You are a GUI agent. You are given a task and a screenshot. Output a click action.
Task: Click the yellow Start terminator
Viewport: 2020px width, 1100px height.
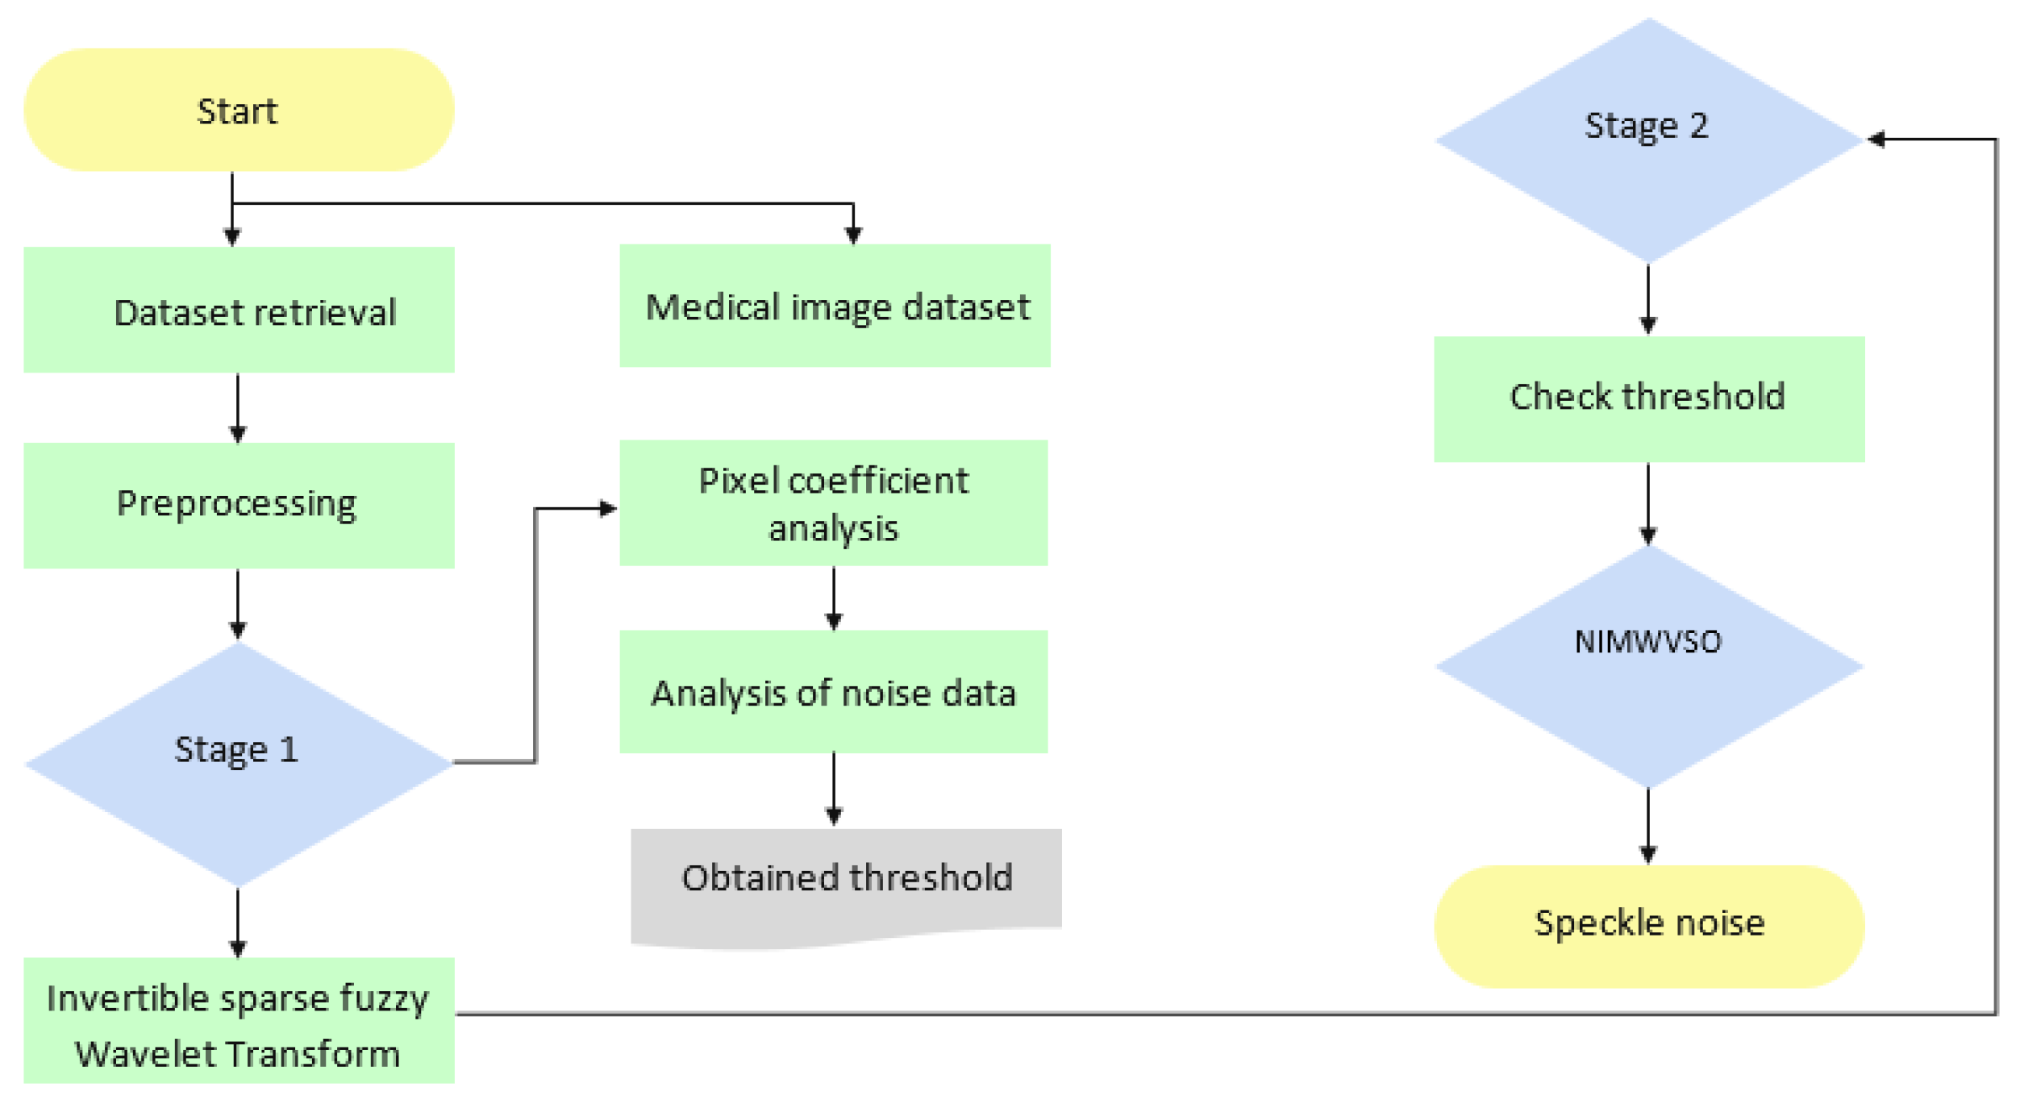tap(239, 110)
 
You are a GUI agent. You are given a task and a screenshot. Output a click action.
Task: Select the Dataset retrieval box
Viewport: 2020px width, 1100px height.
tap(239, 310)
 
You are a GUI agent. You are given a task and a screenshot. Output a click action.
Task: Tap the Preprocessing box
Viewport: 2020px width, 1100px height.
tap(239, 506)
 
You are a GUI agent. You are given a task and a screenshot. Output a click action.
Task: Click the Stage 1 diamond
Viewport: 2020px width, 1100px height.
tap(239, 763)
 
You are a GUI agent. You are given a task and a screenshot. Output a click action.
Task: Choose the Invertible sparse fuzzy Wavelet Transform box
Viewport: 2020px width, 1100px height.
tap(239, 1021)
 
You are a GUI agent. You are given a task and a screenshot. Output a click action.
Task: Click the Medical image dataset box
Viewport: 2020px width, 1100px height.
tap(835, 306)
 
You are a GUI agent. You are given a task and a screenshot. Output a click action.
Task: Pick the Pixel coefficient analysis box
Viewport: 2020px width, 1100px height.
tap(833, 502)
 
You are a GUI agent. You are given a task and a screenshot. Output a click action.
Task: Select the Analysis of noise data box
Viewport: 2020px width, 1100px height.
tap(833, 692)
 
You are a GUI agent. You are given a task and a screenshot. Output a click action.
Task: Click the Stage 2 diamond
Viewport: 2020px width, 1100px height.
tap(1648, 140)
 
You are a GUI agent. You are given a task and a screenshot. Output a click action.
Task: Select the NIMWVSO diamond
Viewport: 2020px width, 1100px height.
tap(1648, 666)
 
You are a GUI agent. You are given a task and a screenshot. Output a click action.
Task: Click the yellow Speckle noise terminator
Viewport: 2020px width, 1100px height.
tap(1648, 927)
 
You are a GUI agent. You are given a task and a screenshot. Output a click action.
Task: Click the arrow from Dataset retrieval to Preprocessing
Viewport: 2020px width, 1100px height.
tap(238, 407)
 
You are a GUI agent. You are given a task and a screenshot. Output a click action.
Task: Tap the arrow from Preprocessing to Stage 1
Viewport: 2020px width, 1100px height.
tap(238, 604)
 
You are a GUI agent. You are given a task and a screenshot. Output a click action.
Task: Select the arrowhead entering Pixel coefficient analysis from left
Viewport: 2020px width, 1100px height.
tap(609, 508)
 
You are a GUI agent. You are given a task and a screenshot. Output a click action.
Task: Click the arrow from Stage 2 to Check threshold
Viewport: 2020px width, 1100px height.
tap(1647, 299)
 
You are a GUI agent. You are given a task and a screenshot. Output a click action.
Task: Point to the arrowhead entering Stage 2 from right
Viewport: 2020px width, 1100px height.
tap(1876, 140)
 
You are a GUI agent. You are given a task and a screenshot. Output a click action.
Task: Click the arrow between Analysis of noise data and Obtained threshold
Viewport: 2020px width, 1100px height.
tap(834, 789)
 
